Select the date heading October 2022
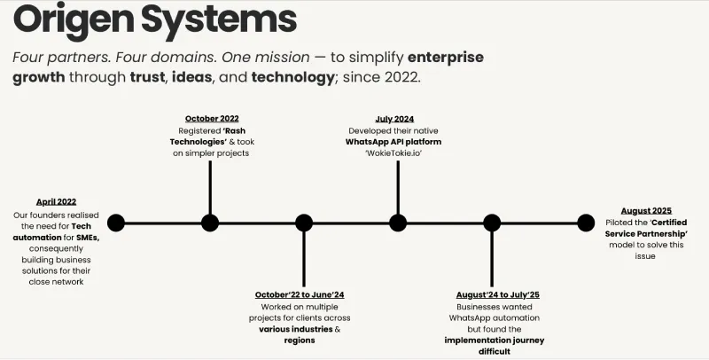point(212,118)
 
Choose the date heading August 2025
point(647,210)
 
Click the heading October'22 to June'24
point(300,294)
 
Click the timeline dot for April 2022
point(116,223)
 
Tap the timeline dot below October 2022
point(210,223)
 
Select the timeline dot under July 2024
point(398,223)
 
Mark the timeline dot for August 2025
point(585,223)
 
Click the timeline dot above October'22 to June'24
point(304,223)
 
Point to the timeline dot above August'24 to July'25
point(491,223)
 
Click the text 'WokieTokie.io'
point(393,153)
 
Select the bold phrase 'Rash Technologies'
point(210,135)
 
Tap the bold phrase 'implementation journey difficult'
point(494,346)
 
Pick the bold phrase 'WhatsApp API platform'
point(393,141)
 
